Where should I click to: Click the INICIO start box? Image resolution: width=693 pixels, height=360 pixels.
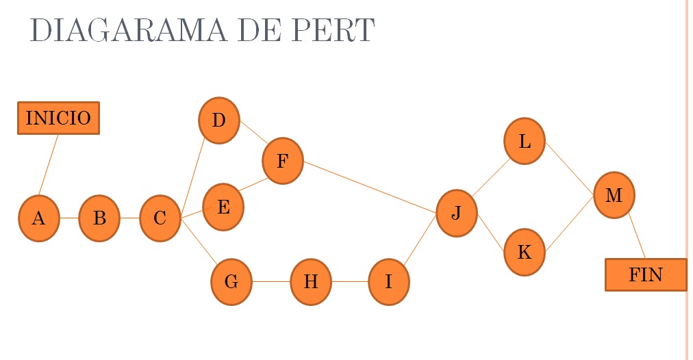click(58, 118)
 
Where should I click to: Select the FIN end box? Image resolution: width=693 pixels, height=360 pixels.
click(645, 274)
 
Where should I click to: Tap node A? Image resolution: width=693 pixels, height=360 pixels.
click(38, 218)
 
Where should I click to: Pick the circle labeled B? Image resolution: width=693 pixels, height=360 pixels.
click(99, 218)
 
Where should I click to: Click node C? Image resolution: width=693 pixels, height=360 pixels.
click(160, 218)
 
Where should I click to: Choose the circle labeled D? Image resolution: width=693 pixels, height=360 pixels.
click(218, 120)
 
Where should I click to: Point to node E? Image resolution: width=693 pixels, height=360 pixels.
click(223, 207)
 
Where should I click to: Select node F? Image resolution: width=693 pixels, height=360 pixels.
click(282, 161)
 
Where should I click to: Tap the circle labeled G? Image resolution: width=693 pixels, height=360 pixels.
click(231, 281)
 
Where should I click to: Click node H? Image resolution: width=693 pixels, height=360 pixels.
click(311, 281)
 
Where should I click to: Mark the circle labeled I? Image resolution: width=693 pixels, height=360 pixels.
click(388, 281)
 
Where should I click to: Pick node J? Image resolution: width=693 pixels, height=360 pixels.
click(456, 213)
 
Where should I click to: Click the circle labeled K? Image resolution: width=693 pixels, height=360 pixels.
click(524, 253)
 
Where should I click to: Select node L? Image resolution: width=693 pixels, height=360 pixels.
click(525, 141)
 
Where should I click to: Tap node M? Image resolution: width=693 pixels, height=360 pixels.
click(614, 195)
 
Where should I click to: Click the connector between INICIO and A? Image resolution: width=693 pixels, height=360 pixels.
click(48, 164)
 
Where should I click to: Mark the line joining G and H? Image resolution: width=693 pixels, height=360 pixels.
click(271, 281)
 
